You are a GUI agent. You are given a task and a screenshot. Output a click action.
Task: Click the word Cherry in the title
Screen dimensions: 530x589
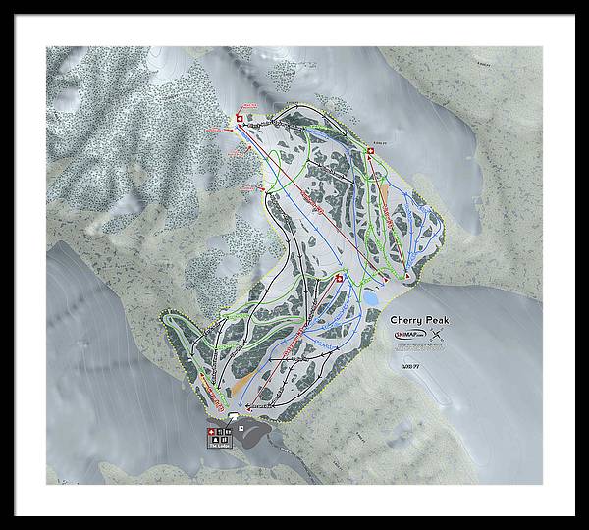[406, 320]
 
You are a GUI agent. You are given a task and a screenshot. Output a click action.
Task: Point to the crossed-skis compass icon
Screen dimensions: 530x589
[438, 338]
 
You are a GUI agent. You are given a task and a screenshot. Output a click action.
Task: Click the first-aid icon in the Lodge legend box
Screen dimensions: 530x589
[209, 434]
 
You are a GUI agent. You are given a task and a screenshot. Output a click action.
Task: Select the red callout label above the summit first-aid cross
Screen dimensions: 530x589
[248, 107]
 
